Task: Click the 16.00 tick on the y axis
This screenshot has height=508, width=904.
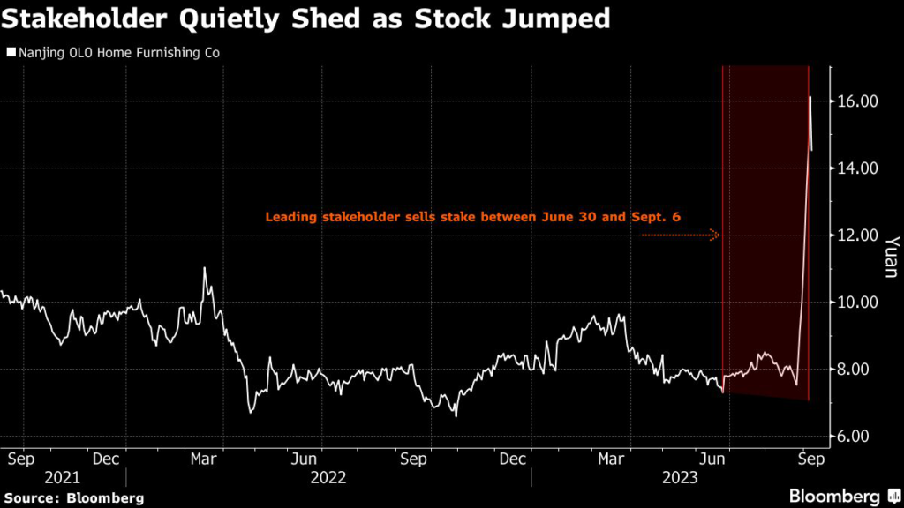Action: click(856, 101)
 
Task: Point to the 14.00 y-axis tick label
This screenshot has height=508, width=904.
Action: click(856, 168)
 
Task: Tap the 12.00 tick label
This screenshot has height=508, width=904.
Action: click(856, 235)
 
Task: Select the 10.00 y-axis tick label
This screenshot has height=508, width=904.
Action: click(856, 303)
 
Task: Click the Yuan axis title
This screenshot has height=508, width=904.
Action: click(891, 257)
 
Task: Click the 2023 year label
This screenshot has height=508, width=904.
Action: click(682, 478)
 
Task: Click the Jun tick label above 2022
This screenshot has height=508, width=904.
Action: click(304, 459)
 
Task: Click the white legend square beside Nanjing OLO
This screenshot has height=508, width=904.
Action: click(11, 53)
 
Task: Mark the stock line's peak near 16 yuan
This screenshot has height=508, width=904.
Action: click(810, 96)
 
